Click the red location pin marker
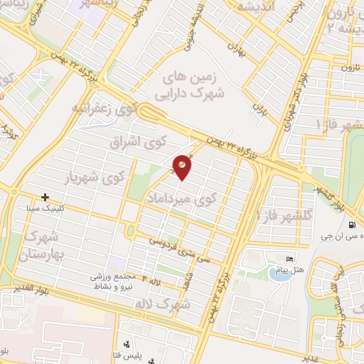point(183,164)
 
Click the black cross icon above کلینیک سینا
point(45,197)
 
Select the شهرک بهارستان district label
point(44,245)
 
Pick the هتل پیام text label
point(291,269)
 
